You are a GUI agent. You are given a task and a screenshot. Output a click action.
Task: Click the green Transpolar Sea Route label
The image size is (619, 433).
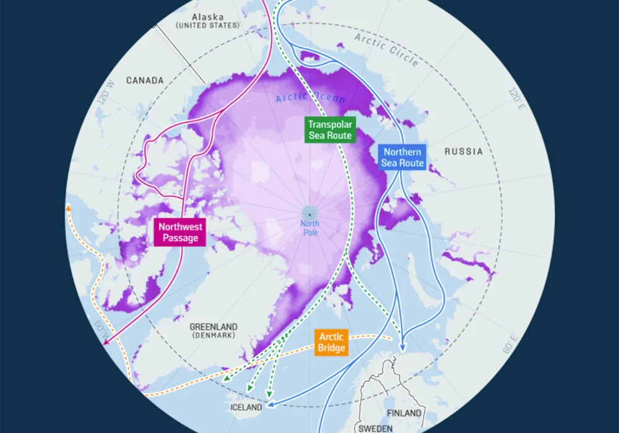[330, 129]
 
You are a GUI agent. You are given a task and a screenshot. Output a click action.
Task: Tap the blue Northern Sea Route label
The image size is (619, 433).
[402, 158]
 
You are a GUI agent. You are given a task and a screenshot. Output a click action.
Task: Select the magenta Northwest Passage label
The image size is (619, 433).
[180, 232]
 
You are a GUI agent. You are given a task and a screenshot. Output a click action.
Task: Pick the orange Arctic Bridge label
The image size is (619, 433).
[332, 343]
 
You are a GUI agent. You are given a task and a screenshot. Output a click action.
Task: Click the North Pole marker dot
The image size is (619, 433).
[309, 214]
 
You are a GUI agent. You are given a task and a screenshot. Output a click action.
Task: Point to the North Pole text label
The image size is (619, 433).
[309, 228]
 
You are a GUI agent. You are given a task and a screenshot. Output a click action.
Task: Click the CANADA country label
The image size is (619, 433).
[145, 80]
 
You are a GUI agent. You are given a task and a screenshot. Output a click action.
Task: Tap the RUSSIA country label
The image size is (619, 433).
[464, 152]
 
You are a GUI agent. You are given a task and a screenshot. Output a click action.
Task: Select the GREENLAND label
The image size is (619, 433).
[214, 327]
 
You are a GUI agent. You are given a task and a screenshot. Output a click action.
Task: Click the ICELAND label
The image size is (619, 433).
[245, 408]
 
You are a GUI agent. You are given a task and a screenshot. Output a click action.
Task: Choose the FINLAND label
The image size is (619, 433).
[404, 413]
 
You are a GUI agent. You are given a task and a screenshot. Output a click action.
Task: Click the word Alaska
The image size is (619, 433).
[207, 17]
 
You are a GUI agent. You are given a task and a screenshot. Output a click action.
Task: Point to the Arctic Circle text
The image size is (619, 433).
[387, 49]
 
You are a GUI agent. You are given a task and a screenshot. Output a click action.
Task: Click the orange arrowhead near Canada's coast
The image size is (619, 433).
[69, 208]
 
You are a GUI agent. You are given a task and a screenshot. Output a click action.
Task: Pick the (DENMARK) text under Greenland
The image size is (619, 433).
[214, 335]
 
